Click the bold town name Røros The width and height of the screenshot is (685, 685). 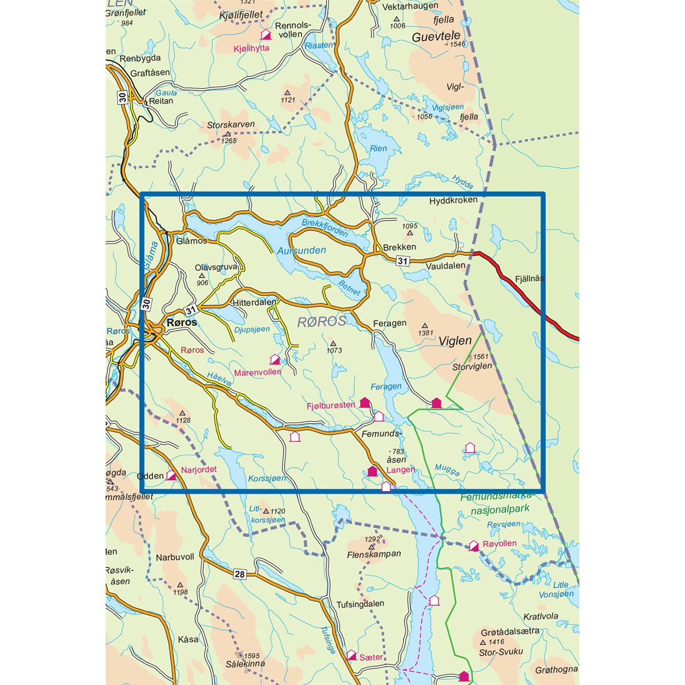(x=182, y=322)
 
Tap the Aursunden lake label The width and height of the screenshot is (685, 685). (x=301, y=250)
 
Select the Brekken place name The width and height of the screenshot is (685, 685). (x=400, y=247)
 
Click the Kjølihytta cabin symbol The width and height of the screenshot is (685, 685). (x=265, y=35)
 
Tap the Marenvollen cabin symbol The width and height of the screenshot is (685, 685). (x=275, y=359)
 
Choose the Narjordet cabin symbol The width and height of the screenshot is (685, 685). (x=171, y=475)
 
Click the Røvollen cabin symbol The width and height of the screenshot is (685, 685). (x=473, y=546)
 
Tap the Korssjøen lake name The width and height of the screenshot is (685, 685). (x=267, y=478)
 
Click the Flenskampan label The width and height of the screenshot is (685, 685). (x=374, y=554)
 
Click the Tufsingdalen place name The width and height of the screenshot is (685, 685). (x=360, y=603)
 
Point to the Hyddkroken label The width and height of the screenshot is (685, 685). (x=453, y=201)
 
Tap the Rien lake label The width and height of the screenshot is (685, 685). (x=378, y=148)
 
